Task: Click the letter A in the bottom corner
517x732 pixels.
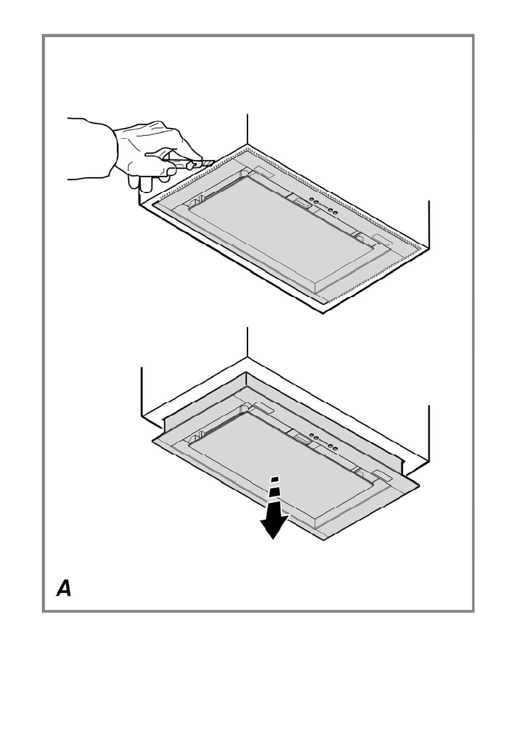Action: pyautogui.click(x=64, y=588)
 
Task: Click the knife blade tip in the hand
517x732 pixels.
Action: pyautogui.click(x=211, y=163)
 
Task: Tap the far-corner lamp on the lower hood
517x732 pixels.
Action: pyautogui.click(x=263, y=407)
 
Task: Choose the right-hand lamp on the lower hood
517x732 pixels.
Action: pyautogui.click(x=380, y=474)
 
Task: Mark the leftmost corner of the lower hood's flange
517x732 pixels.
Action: pyautogui.click(x=153, y=440)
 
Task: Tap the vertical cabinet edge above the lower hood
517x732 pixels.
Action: pyautogui.click(x=247, y=341)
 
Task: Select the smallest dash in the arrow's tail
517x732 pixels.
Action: pyautogui.click(x=276, y=479)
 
